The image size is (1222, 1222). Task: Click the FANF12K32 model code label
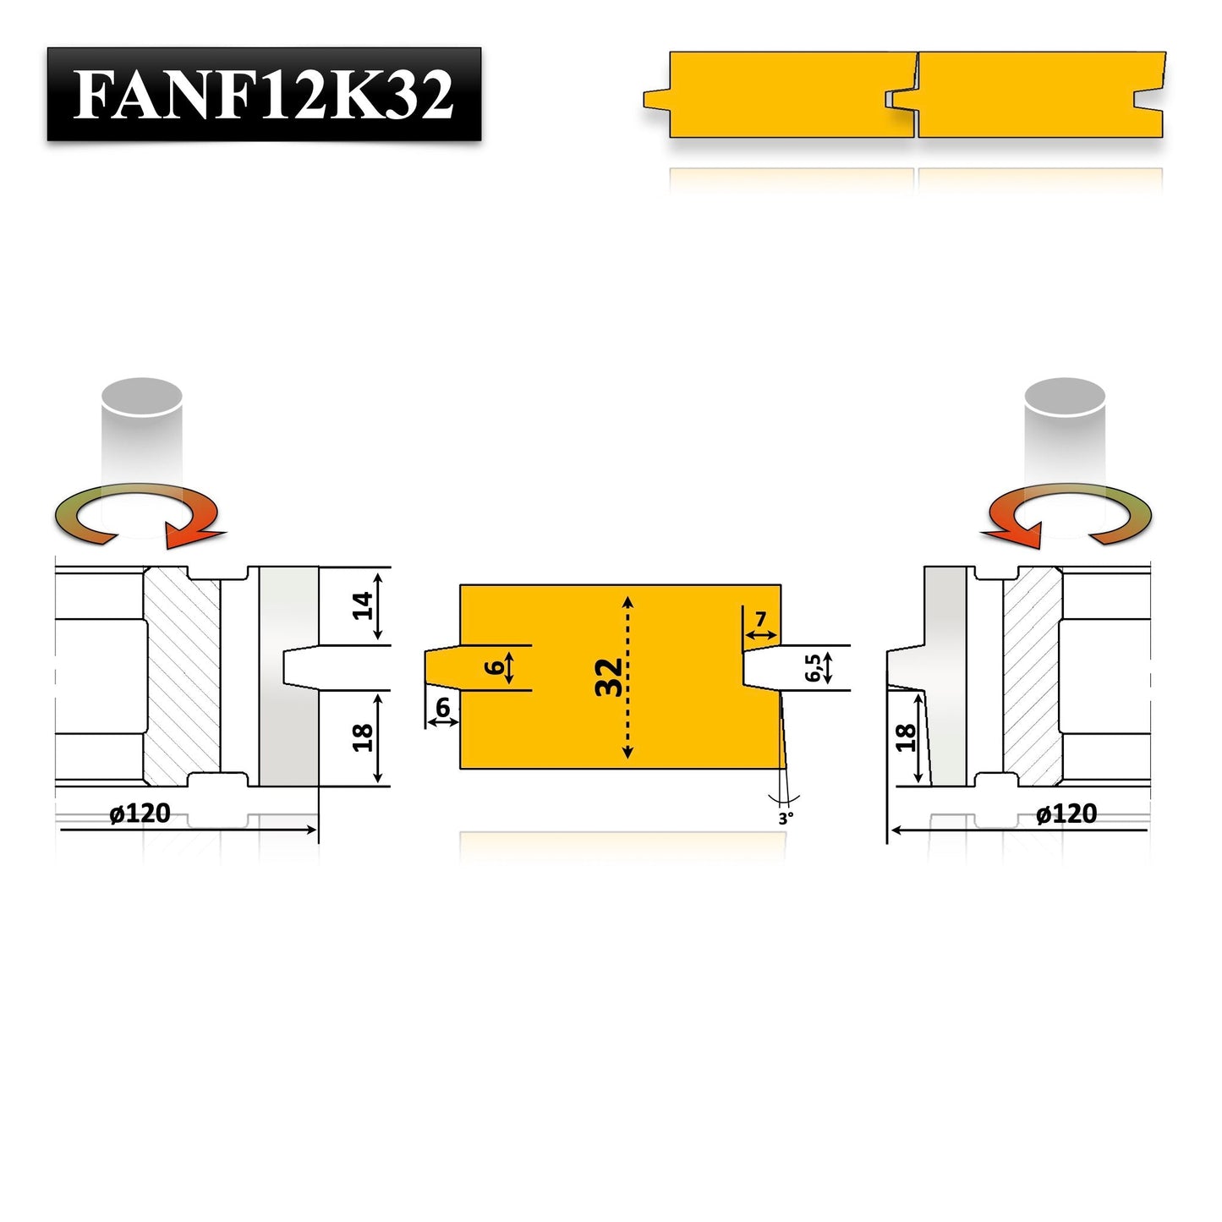263,94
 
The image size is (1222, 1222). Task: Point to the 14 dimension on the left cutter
364,606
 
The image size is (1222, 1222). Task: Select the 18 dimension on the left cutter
364,737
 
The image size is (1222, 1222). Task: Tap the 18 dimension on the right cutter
906,737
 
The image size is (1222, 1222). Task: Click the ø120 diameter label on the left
140,814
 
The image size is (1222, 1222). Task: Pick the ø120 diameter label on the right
1066,814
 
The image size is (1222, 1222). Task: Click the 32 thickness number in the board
609,677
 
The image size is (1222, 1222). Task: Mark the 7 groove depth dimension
760,620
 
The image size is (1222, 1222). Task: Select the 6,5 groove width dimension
814,667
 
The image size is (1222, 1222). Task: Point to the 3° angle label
786,819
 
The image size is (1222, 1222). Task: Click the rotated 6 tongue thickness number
496,668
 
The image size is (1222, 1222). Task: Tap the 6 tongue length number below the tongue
442,708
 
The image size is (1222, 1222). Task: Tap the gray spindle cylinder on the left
141,431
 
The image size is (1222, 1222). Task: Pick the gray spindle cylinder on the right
1065,431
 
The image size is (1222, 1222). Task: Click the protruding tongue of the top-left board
656,99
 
